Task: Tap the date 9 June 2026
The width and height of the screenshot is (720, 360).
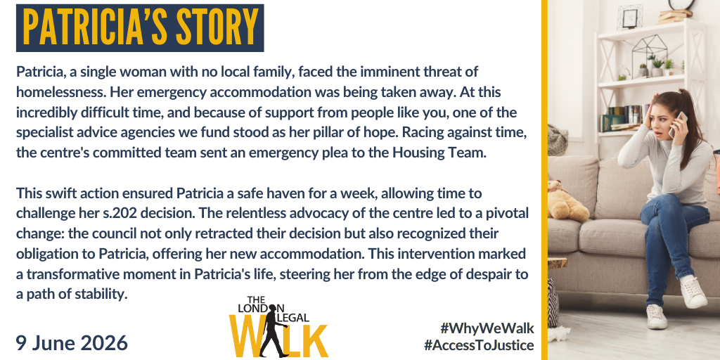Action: tap(72, 343)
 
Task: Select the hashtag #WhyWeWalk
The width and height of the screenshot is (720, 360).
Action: tap(487, 328)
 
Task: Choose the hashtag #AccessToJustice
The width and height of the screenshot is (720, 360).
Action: tap(479, 345)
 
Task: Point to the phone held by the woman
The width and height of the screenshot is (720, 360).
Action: tap(677, 124)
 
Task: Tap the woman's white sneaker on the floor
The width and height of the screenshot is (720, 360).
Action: tap(656, 316)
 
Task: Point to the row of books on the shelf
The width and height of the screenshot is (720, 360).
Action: tap(623, 117)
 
